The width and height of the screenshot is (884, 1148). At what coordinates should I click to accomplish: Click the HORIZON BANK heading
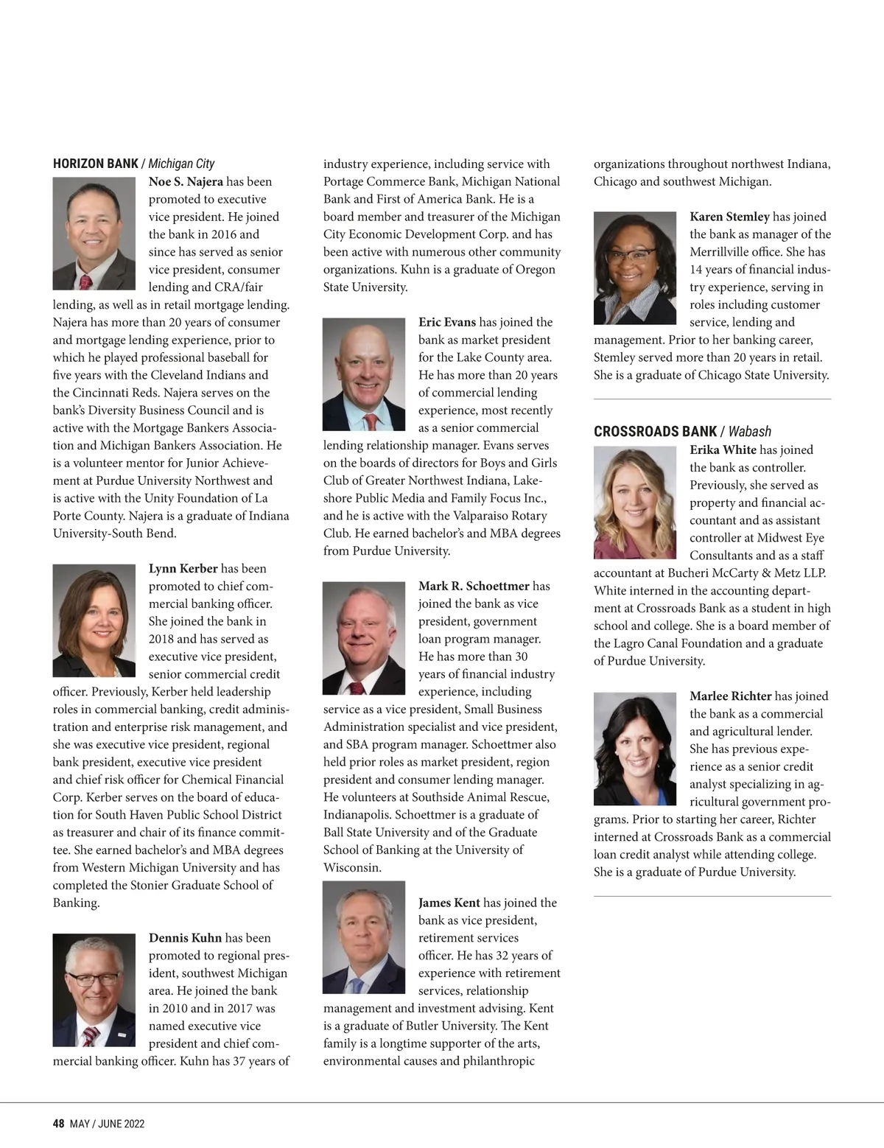click(95, 164)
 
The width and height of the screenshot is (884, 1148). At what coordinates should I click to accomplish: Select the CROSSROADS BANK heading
click(655, 431)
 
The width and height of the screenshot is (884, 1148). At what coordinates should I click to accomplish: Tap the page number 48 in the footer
click(58, 1124)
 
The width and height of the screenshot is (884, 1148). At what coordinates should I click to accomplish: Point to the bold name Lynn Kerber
click(183, 568)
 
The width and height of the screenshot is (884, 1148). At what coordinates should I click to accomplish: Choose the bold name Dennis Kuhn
click(185, 938)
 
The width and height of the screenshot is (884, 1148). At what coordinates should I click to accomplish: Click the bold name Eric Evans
click(446, 322)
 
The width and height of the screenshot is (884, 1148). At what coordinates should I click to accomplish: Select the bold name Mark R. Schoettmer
click(474, 586)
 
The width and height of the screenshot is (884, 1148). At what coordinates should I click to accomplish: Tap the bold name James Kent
click(449, 903)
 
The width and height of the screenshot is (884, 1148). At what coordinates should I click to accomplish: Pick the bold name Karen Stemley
click(729, 217)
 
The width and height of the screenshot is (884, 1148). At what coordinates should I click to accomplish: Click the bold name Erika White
click(723, 449)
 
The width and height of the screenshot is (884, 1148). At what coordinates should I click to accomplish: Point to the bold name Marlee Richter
click(730, 696)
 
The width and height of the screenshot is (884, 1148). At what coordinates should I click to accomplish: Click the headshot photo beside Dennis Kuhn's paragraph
click(94, 990)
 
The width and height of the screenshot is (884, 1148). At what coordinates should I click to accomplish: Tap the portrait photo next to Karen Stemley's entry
click(634, 268)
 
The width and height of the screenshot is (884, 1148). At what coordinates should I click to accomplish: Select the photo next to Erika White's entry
click(634, 503)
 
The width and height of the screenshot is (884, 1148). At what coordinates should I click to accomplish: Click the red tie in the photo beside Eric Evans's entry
click(370, 422)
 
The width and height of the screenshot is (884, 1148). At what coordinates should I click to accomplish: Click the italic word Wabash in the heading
click(749, 431)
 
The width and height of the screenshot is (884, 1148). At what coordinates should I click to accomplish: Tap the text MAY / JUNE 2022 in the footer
click(108, 1124)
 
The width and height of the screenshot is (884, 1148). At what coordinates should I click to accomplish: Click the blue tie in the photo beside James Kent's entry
click(358, 984)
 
